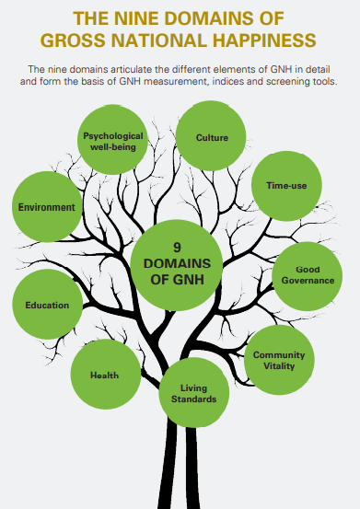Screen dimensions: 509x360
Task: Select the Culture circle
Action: [x=212, y=137]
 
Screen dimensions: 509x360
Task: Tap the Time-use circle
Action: [x=286, y=186]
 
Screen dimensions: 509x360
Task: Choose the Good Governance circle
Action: [x=308, y=274]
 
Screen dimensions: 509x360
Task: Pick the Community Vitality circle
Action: [x=278, y=360]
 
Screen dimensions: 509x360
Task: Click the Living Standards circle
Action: [x=193, y=393]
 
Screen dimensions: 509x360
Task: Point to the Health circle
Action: [x=104, y=375]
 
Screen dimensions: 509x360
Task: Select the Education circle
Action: [x=47, y=305]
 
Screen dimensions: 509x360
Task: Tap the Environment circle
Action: [x=46, y=207]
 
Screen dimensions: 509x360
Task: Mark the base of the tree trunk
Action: [x=181, y=497]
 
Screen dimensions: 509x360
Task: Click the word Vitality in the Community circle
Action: [x=278, y=365]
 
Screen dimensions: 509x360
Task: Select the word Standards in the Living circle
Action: [x=193, y=399]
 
